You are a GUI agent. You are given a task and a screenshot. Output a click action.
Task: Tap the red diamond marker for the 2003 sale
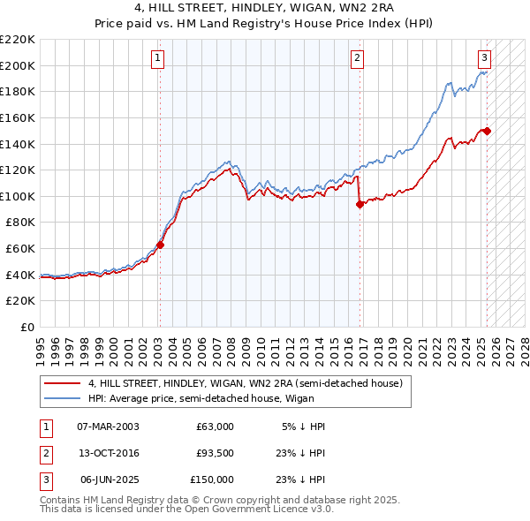pos(161,245)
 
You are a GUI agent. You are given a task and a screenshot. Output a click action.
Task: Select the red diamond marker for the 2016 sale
pos(360,204)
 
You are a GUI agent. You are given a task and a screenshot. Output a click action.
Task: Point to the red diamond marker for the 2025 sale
pos(487,131)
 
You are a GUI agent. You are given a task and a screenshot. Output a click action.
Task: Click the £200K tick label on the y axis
pos(18,65)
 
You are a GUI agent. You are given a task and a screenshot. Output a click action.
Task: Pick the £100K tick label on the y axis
pos(18,196)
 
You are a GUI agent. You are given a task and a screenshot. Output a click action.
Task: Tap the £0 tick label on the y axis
pos(26,328)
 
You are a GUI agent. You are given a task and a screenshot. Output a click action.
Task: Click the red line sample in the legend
pos(63,383)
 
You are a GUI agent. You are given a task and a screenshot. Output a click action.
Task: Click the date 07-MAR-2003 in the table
pos(109,427)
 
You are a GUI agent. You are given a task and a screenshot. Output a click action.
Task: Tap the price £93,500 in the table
pos(215,453)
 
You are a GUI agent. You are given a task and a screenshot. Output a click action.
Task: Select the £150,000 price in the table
pos(212,479)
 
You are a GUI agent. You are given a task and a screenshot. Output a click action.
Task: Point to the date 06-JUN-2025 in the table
pos(109,479)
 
